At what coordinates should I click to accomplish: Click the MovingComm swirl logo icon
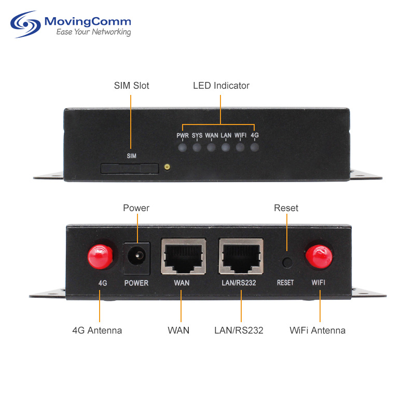coord(25,24)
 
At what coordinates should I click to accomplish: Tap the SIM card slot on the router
coord(130,168)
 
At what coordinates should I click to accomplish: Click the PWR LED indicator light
coord(183,147)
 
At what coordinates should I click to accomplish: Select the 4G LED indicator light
coord(255,147)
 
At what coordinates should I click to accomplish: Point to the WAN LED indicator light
coord(211,147)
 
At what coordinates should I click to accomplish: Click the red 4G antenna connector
coord(100,256)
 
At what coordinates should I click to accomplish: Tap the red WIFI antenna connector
coord(319,256)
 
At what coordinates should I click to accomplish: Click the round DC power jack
coord(137,256)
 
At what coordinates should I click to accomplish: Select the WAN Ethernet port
coord(184,256)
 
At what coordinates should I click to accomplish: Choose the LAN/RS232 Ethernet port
coord(241,256)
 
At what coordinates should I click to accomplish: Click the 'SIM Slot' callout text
coord(132,86)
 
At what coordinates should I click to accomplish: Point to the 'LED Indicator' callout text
coord(222,86)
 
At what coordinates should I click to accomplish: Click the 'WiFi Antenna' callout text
coord(317,330)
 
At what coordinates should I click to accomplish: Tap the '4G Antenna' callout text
coord(97,330)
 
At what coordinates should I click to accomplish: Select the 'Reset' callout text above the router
coord(286,208)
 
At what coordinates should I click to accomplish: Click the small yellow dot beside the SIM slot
coord(167,167)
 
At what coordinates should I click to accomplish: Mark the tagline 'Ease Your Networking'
coord(94,32)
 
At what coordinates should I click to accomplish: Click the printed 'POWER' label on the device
coord(136,283)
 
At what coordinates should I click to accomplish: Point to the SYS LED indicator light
coord(197,147)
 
